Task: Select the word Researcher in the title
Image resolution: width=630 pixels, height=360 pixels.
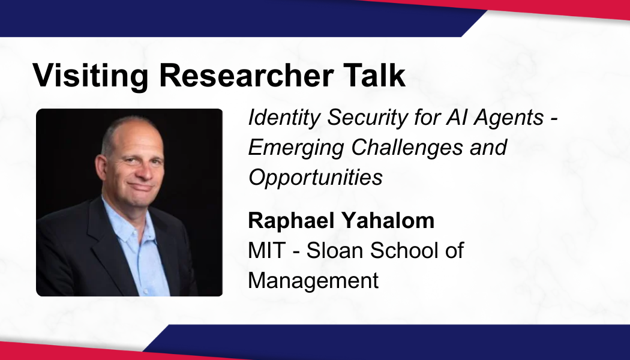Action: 246,75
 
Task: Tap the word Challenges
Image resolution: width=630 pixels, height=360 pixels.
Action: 407,148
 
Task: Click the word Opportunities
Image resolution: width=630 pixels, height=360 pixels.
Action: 316,178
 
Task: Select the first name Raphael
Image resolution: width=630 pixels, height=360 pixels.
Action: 291,221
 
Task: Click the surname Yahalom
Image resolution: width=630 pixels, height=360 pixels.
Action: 388,221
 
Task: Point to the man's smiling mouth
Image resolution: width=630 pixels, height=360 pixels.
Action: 140,187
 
